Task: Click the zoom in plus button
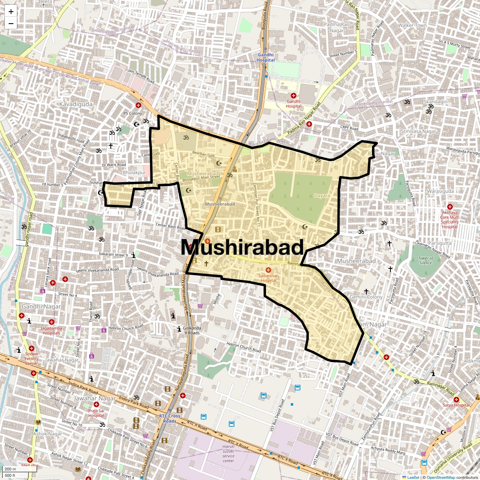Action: click(x=11, y=12)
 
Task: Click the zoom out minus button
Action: click(x=11, y=23)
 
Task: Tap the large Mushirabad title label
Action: click(x=242, y=248)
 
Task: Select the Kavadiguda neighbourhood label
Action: click(x=76, y=104)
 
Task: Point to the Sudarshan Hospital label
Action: click(x=268, y=278)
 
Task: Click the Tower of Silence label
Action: click(x=426, y=260)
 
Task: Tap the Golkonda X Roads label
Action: click(x=192, y=330)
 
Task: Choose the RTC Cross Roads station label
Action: click(x=170, y=418)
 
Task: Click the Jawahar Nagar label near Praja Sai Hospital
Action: click(x=95, y=398)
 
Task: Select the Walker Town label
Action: click(x=412, y=25)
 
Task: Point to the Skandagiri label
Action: click(x=436, y=102)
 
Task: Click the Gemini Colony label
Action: click(x=366, y=297)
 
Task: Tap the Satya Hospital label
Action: click(x=456, y=405)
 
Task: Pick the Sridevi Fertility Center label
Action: click(x=32, y=358)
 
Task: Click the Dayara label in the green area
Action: click(x=322, y=196)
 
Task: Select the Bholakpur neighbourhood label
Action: click(x=134, y=172)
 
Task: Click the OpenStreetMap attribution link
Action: click(x=441, y=478)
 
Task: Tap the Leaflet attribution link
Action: click(x=413, y=478)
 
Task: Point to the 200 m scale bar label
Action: click(x=11, y=469)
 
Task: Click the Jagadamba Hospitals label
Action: click(x=51, y=330)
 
